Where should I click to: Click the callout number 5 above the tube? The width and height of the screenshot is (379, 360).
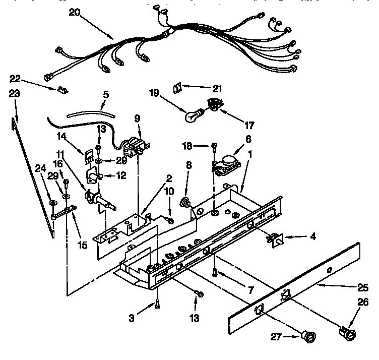105,94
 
